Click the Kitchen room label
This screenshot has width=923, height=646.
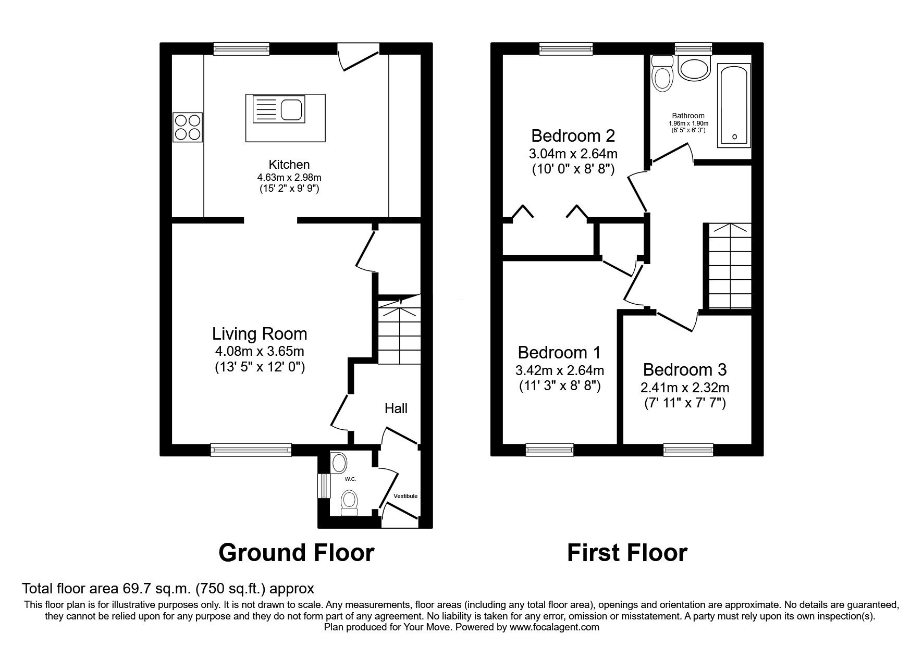(x=289, y=165)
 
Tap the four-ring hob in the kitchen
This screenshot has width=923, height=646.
(x=188, y=127)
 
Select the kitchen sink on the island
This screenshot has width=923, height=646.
(x=278, y=109)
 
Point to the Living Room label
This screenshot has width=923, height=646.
(x=260, y=333)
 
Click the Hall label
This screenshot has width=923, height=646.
(x=396, y=408)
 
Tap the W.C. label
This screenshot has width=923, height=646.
(x=350, y=479)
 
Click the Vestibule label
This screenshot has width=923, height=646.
(x=405, y=496)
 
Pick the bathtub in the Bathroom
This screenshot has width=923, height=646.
(x=734, y=105)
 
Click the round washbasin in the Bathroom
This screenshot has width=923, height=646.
(x=694, y=68)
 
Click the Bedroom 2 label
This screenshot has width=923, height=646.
(x=573, y=136)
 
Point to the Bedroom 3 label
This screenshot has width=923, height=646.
(x=685, y=370)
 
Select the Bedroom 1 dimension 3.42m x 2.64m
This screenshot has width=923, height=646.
(x=560, y=371)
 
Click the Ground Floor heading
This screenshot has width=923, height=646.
(x=296, y=553)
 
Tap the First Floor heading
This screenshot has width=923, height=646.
(x=627, y=553)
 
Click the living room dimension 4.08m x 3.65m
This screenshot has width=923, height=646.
(x=260, y=351)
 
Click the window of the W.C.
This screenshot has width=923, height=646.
(x=324, y=486)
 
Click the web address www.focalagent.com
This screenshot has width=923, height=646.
(x=555, y=627)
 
